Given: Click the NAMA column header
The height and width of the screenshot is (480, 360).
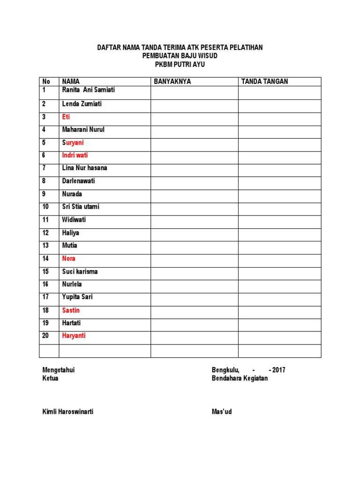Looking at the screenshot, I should click(x=71, y=82).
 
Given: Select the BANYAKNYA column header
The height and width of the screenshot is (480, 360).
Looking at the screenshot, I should click(x=172, y=82).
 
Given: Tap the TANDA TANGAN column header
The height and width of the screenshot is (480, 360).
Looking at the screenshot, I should click(x=264, y=82).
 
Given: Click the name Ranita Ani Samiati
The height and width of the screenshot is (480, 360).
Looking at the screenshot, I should click(x=89, y=90).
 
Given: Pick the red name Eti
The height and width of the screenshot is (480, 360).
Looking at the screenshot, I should click(x=66, y=117).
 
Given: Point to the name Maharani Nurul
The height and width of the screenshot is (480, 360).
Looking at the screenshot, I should click(x=83, y=129).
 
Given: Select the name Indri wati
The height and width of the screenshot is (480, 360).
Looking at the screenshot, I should click(x=75, y=155).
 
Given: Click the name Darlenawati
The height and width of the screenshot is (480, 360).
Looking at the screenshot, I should click(x=79, y=181).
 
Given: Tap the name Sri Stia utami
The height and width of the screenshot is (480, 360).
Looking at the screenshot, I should click(x=81, y=207).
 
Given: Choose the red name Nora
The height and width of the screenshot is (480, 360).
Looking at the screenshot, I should click(x=69, y=258).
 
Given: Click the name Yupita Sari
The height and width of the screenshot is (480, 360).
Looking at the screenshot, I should click(x=77, y=297).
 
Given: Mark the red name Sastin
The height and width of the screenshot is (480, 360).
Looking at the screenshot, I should click(x=71, y=310).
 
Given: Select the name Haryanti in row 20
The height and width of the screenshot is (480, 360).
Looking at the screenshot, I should click(x=74, y=336).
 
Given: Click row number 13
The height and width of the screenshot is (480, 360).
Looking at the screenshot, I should click(x=46, y=245).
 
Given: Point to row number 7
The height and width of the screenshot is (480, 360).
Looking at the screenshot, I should click(x=44, y=168).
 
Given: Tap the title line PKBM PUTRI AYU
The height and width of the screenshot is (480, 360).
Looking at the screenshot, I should click(x=180, y=65).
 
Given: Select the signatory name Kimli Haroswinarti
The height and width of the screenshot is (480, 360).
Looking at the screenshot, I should click(x=71, y=412).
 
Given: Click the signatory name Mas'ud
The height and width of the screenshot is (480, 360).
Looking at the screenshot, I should click(x=222, y=412).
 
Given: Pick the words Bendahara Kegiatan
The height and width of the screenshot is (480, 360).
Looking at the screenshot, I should click(x=240, y=378).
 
